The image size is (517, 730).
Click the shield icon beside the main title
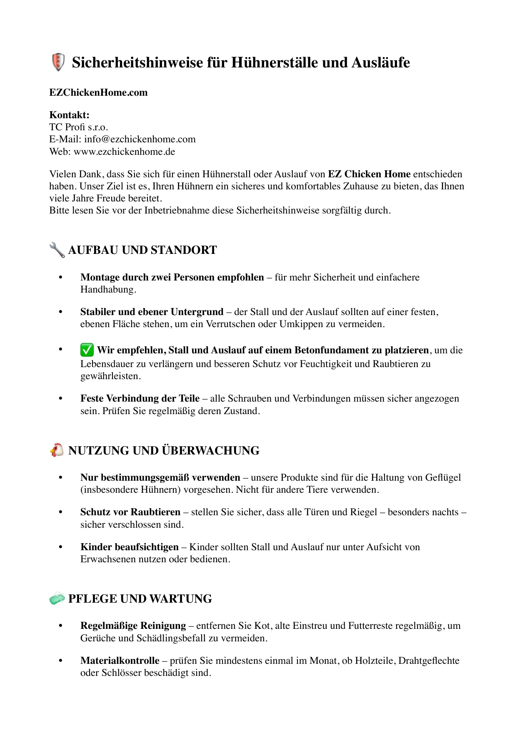pyautogui.click(x=58, y=62)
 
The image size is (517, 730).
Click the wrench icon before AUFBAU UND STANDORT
pyautogui.click(x=57, y=250)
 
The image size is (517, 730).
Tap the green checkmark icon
pyautogui.click(x=87, y=350)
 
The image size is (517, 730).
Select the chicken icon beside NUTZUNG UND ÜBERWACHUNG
pyautogui.click(x=57, y=450)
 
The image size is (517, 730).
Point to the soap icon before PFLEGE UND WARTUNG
pyautogui.click(x=57, y=598)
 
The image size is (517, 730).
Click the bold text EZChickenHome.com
pyautogui.click(x=98, y=92)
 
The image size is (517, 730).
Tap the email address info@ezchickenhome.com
pyautogui.click(x=140, y=139)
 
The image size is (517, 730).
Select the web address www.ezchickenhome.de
pyautogui.click(x=124, y=151)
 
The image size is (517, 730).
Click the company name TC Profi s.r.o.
pyautogui.click(x=79, y=127)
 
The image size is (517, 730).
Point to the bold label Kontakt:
pyautogui.click(x=69, y=115)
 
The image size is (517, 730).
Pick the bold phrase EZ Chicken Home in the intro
pyautogui.click(x=369, y=174)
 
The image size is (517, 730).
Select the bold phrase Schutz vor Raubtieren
pyautogui.click(x=130, y=512)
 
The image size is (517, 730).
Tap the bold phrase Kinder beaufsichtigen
pyautogui.click(x=129, y=547)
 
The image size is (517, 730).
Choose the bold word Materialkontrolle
pyautogui.click(x=120, y=660)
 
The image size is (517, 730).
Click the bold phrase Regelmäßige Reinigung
pyautogui.click(x=133, y=626)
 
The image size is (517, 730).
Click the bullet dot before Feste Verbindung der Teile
pyautogui.click(x=60, y=399)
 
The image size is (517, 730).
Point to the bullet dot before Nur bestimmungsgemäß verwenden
pyautogui.click(x=60, y=477)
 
